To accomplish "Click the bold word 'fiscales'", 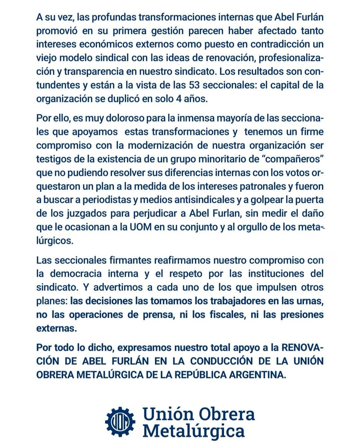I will (211, 315).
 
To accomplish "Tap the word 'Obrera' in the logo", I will (230, 414).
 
